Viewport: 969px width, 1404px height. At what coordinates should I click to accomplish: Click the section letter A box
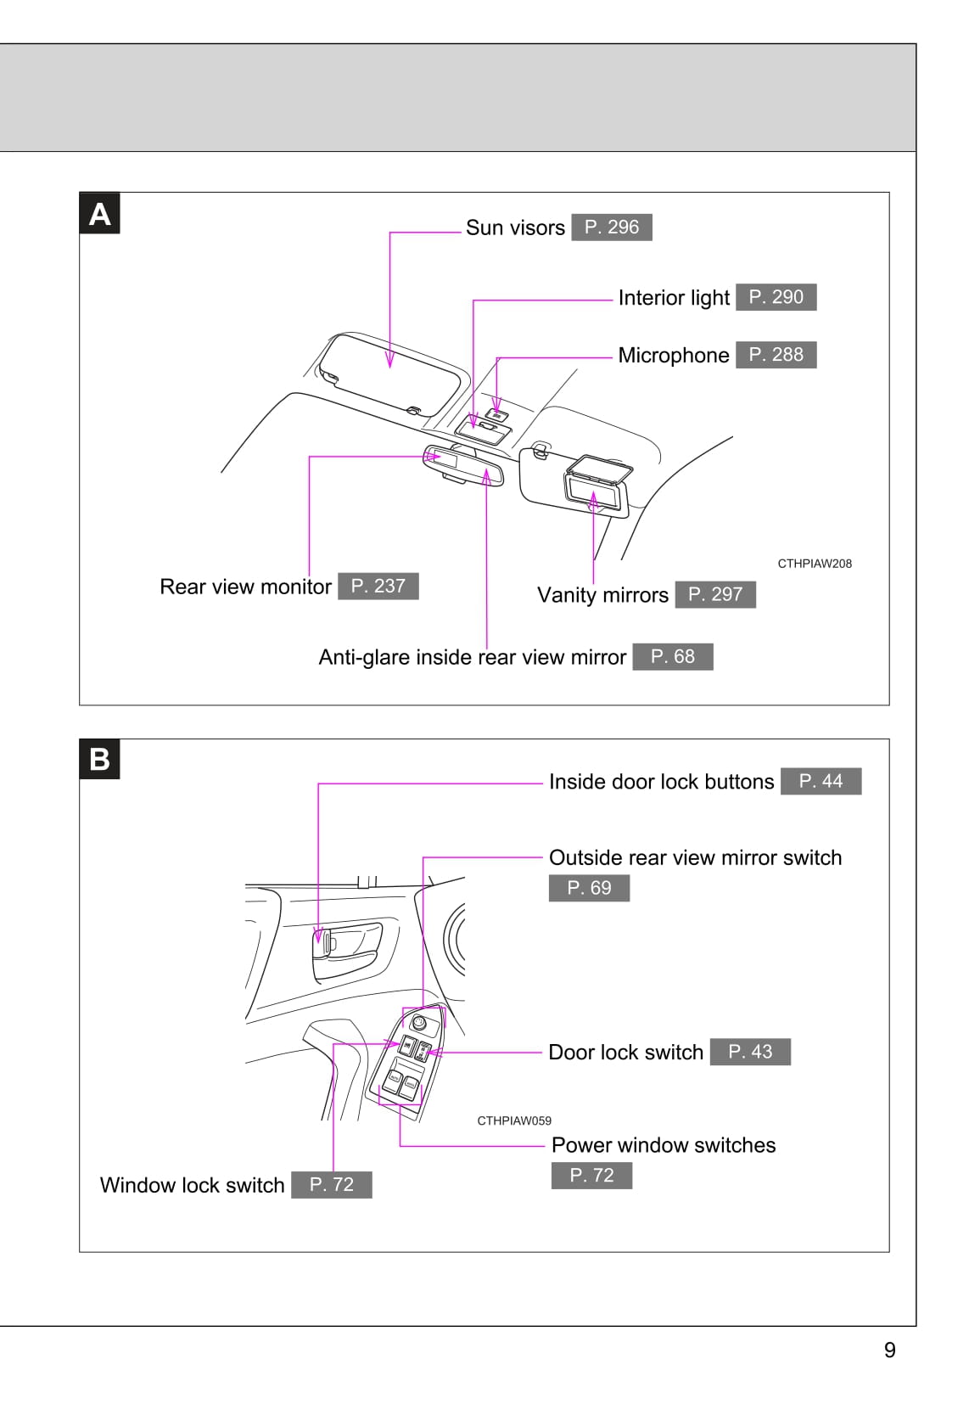coord(99,214)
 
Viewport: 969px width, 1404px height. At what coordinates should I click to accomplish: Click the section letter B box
coord(99,759)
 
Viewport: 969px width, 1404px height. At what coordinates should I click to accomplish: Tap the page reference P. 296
coord(611,227)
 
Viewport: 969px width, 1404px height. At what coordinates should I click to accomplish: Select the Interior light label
coord(673,298)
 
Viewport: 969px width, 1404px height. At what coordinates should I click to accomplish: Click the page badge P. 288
coord(776,355)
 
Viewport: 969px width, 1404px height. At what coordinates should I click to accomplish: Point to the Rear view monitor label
coord(245,587)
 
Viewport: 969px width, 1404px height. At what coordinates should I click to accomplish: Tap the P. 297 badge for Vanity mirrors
coord(714,594)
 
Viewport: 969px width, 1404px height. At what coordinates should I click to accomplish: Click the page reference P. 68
coord(672,657)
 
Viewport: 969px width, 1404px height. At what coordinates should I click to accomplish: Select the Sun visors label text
coord(515,227)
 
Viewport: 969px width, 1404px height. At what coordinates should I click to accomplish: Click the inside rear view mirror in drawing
coord(463,465)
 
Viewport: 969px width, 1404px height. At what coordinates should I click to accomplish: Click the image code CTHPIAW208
coord(815,564)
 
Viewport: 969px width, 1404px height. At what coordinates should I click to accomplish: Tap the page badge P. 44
coord(821,781)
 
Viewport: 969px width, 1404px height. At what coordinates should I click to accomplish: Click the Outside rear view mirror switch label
coord(695,857)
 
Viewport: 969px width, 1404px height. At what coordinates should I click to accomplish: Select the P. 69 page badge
coord(589,888)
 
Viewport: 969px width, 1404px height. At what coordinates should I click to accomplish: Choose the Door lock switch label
coord(625,1053)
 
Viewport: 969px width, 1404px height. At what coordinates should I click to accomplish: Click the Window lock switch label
coord(192,1185)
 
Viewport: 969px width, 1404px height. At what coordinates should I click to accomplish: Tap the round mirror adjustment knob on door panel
coord(418,1022)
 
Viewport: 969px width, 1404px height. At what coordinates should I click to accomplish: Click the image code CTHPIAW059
coord(514,1120)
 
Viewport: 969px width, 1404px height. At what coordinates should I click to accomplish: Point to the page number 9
coord(889,1350)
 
